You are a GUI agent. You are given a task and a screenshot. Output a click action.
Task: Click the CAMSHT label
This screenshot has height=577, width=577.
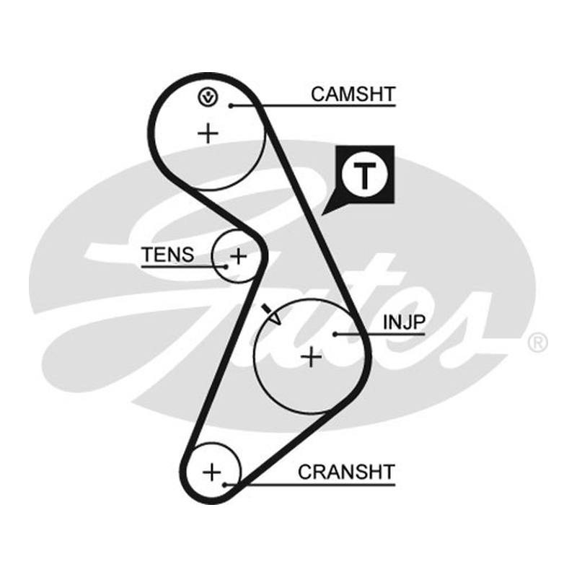click(353, 94)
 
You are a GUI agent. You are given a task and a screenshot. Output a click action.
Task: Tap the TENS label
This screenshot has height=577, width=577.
click(168, 255)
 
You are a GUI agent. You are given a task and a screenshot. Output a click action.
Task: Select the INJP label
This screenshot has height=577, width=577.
click(404, 322)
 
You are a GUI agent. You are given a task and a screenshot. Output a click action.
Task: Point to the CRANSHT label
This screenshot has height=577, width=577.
click(346, 472)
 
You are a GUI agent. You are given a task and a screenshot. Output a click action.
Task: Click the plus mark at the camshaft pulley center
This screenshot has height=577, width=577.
click(208, 133)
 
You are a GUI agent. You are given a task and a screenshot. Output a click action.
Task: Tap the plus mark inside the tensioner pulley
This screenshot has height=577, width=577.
click(239, 256)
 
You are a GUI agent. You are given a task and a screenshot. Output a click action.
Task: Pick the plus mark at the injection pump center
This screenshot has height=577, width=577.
click(312, 357)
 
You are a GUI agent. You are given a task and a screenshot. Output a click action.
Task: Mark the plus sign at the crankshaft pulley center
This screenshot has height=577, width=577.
click(212, 472)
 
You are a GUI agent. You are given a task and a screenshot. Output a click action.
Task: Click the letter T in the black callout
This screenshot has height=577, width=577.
click(364, 175)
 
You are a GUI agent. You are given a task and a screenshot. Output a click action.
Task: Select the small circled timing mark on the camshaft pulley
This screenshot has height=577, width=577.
click(208, 97)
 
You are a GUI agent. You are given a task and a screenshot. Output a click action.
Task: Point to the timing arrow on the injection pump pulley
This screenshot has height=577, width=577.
click(271, 314)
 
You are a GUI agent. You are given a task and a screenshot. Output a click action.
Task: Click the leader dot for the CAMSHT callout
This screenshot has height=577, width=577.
click(231, 105)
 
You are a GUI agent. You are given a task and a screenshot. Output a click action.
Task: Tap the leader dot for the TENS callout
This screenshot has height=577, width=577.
click(226, 266)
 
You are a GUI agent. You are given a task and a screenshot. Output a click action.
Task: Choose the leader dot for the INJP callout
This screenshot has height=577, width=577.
click(335, 334)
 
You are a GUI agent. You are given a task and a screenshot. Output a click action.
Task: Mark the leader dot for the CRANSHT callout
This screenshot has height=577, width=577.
click(224, 485)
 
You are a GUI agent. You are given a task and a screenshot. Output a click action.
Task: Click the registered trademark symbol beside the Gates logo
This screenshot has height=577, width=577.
click(537, 343)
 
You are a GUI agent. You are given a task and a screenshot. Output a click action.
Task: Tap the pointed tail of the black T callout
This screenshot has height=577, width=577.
click(322, 214)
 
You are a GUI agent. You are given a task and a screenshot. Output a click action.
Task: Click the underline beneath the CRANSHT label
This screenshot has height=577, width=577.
click(310, 485)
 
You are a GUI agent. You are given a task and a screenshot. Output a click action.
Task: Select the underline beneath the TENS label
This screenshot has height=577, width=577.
click(184, 266)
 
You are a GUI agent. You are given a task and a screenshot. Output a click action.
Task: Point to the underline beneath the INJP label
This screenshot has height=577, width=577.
click(380, 334)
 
